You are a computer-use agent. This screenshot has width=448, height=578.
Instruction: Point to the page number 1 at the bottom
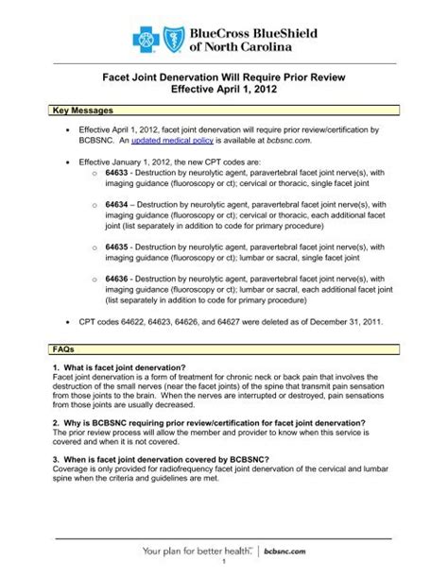[223, 569]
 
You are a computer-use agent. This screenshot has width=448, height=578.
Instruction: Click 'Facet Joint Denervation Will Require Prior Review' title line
[223, 85]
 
